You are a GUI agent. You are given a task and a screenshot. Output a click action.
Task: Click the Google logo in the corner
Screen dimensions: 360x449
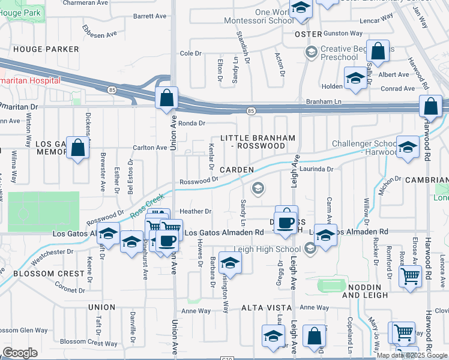(20, 353)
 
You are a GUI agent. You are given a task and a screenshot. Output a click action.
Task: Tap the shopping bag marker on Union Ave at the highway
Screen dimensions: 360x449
(166, 98)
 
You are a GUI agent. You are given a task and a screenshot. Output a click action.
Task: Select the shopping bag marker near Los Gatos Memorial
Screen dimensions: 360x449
(78, 148)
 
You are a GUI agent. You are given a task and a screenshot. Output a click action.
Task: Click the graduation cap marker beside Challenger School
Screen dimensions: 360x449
(408, 148)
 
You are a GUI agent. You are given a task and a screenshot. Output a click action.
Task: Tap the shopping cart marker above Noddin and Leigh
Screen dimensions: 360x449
(411, 277)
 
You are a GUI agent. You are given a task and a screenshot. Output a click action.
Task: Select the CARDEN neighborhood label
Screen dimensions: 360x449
(237, 170)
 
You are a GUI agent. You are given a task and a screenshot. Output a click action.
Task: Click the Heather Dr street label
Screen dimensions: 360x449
(196, 211)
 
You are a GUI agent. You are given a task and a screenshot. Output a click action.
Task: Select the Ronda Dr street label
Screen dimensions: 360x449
(193, 123)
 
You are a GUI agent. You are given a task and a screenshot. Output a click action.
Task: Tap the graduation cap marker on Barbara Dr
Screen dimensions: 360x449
(229, 262)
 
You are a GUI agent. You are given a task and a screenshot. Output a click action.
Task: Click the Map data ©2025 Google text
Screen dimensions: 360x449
(412, 355)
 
